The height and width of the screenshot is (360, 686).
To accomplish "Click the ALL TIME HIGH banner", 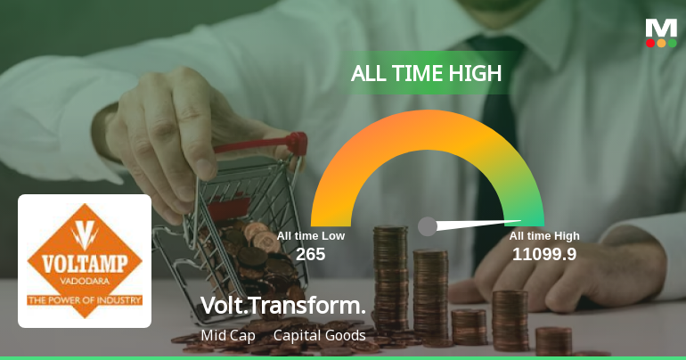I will click(x=427, y=74).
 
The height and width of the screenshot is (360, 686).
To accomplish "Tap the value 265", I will click(x=310, y=255).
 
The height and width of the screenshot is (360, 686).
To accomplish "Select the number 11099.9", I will click(x=543, y=255).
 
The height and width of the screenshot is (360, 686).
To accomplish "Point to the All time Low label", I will click(x=310, y=236).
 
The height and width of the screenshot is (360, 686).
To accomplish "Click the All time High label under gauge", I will click(x=544, y=236).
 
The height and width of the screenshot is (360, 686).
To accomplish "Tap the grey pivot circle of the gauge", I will click(x=428, y=226).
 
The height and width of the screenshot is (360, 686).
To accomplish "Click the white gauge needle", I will click(x=481, y=223).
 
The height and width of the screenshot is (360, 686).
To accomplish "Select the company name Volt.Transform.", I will click(x=283, y=306).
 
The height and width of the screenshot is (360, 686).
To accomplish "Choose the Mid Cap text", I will click(x=228, y=335).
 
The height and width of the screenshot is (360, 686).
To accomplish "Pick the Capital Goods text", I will click(x=319, y=335).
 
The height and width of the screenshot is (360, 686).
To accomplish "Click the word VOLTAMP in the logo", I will click(x=85, y=265).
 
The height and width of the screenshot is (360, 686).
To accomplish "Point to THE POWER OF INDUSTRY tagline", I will click(x=85, y=301).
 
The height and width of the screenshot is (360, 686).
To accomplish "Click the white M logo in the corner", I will click(x=661, y=27).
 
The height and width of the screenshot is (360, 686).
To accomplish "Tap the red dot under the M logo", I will click(x=650, y=43).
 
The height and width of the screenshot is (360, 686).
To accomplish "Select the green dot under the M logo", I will click(x=672, y=43).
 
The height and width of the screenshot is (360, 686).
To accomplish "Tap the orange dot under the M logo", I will click(x=661, y=43).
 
